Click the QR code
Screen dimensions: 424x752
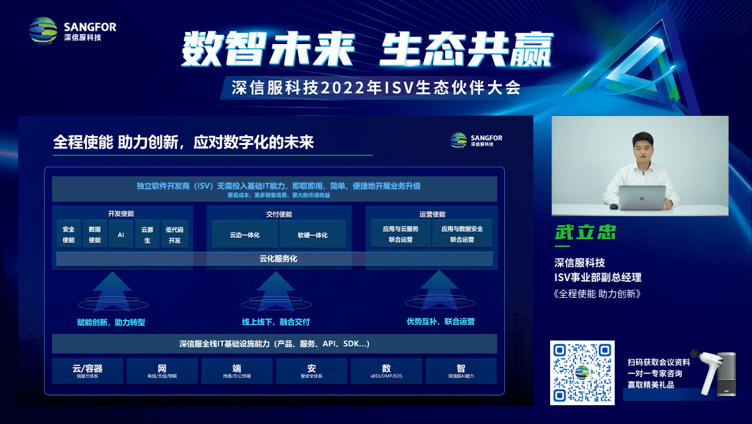pos(582,372)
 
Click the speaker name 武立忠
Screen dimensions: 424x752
pos(585,232)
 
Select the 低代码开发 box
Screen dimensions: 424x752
pos(174,234)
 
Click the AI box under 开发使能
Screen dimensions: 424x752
pos(120,234)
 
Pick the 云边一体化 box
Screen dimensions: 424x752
pos(244,235)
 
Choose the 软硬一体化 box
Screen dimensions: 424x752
pos(312,235)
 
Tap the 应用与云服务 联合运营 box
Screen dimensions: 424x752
pos(400,234)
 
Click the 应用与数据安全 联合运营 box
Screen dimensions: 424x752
pos(462,234)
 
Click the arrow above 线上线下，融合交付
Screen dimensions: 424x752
pos(275,289)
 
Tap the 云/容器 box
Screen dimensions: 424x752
pos(88,370)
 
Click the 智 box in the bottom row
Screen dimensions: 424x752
pos(461,370)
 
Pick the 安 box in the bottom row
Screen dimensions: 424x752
pos(311,370)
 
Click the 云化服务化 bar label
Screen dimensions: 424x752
pos(274,259)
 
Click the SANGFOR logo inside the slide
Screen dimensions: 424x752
pos(476,139)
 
